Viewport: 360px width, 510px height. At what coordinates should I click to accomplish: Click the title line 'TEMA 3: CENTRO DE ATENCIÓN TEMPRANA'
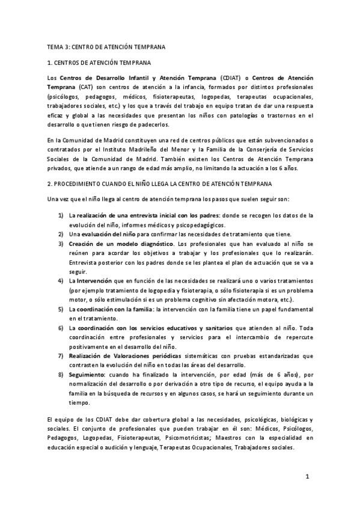[x=106, y=46]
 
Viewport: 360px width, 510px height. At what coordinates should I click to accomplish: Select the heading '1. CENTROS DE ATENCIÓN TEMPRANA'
[x=99, y=62]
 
